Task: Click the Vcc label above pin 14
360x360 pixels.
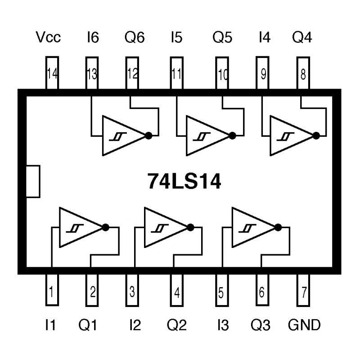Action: (x=48, y=38)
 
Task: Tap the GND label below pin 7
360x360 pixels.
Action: (x=305, y=325)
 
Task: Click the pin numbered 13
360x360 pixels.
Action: (x=92, y=73)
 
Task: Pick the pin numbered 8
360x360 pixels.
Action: (x=303, y=73)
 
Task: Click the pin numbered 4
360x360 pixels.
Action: (x=177, y=292)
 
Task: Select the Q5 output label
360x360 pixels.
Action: (x=222, y=38)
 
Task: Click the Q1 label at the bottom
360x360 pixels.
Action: (x=88, y=325)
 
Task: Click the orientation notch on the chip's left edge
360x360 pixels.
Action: (x=33, y=181)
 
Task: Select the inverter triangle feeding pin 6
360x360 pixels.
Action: (x=252, y=227)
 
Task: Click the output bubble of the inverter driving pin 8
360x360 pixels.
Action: (x=317, y=135)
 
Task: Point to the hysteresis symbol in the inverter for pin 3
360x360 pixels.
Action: (x=157, y=229)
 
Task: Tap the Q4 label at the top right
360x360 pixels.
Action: (x=301, y=38)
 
